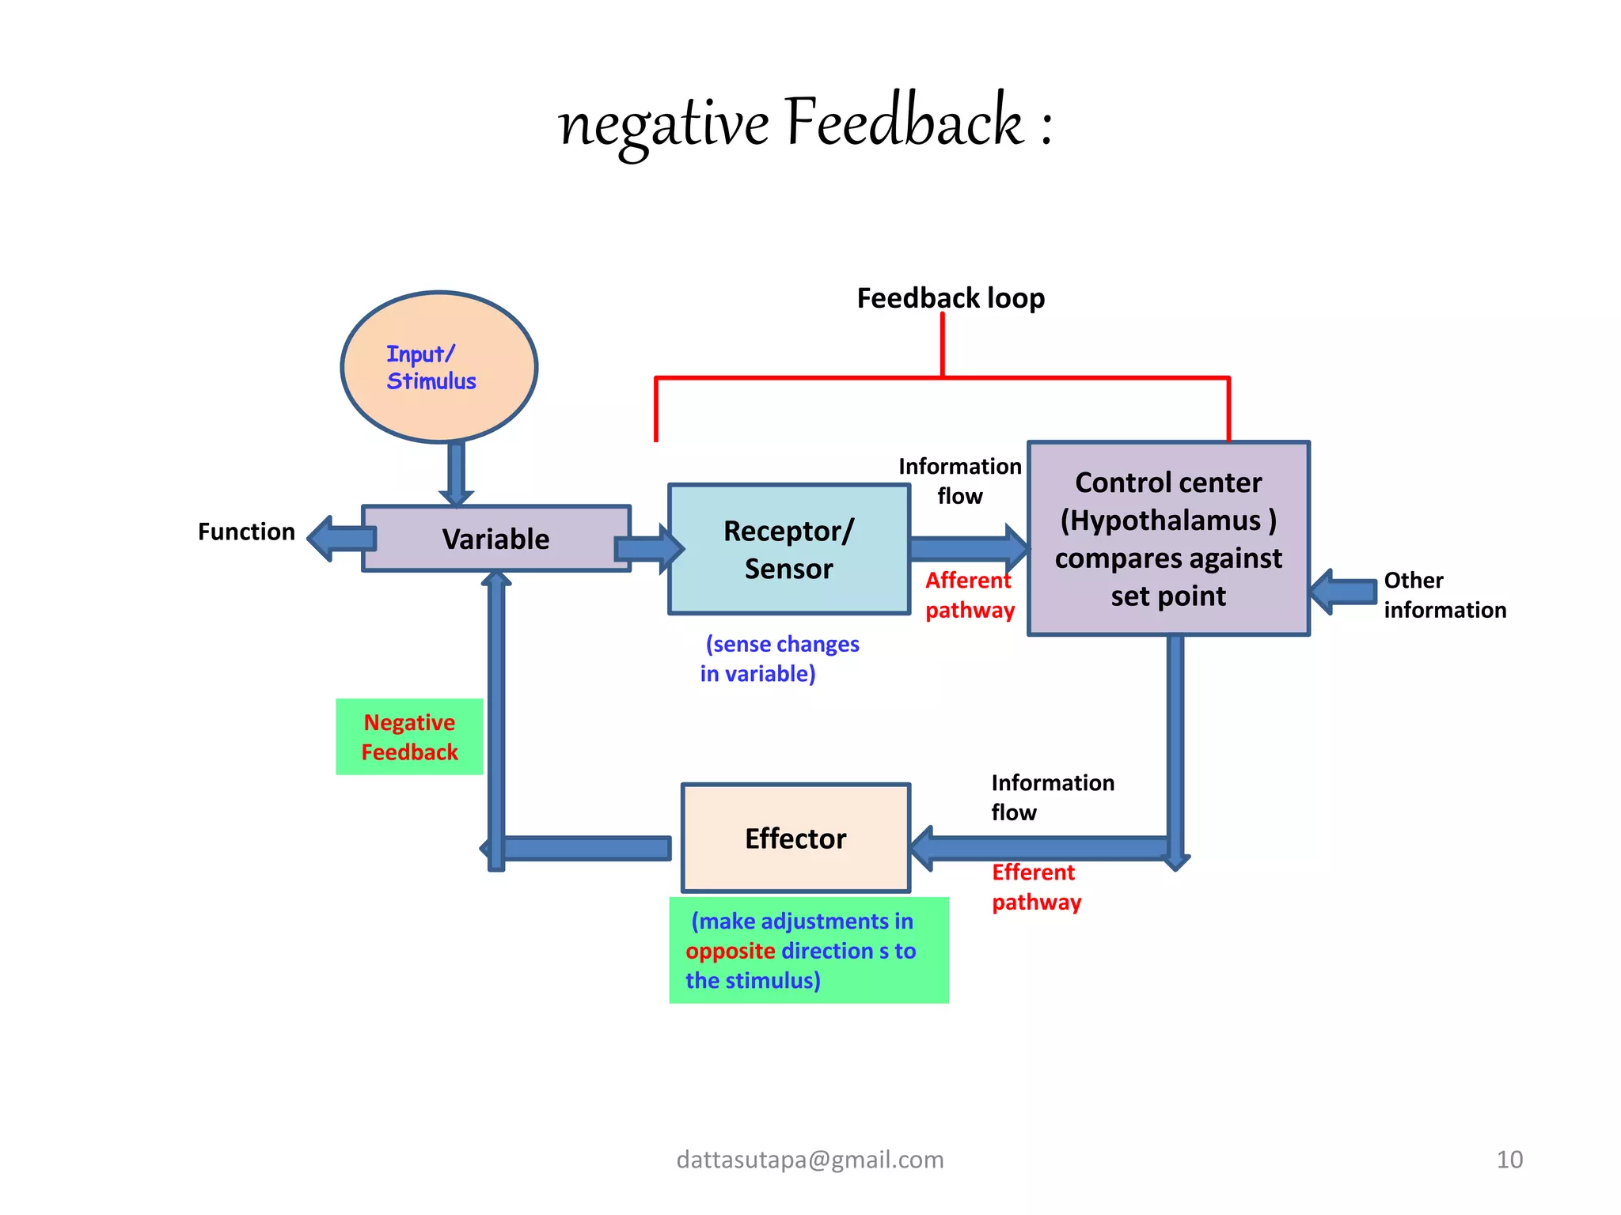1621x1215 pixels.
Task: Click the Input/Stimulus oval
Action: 439,367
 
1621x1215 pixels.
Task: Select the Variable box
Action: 495,539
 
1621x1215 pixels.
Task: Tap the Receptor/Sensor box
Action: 788,549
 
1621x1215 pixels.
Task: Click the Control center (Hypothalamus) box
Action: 1168,539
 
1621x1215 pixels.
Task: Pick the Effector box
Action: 795,838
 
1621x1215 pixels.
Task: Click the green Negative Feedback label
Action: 409,736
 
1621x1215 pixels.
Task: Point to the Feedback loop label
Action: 951,298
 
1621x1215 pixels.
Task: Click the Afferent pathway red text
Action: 970,595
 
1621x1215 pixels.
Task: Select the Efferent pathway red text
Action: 1036,887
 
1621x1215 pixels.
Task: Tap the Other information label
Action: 1444,595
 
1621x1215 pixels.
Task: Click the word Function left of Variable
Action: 246,532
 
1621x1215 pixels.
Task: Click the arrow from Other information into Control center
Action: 1343,591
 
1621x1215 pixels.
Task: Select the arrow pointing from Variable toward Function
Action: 340,539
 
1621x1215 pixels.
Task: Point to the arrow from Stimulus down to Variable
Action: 456,473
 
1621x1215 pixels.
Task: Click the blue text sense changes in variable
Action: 780,658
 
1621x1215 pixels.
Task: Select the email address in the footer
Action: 810,1160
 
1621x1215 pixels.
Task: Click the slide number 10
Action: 1509,1160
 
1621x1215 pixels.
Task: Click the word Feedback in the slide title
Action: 904,123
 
